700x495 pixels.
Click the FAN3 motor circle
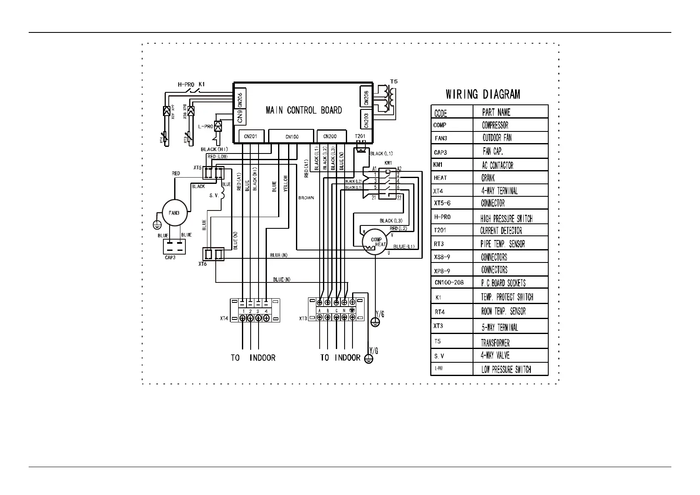174,213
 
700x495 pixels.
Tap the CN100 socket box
292,136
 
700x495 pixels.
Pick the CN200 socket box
330,136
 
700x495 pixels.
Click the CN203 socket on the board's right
366,120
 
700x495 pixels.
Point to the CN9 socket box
240,117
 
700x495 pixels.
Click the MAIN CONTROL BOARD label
303,110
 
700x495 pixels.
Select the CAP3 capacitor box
174,246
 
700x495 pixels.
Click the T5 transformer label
393,82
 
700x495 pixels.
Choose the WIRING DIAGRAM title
483,94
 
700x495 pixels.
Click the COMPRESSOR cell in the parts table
495,125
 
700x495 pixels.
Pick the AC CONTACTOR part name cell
497,165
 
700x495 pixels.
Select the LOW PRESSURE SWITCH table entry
506,369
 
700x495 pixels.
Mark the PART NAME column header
496,112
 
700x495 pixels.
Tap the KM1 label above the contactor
388,163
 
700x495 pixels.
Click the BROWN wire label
306,198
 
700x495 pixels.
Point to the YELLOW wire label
285,183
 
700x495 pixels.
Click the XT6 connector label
202,264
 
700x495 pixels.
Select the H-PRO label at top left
186,84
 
